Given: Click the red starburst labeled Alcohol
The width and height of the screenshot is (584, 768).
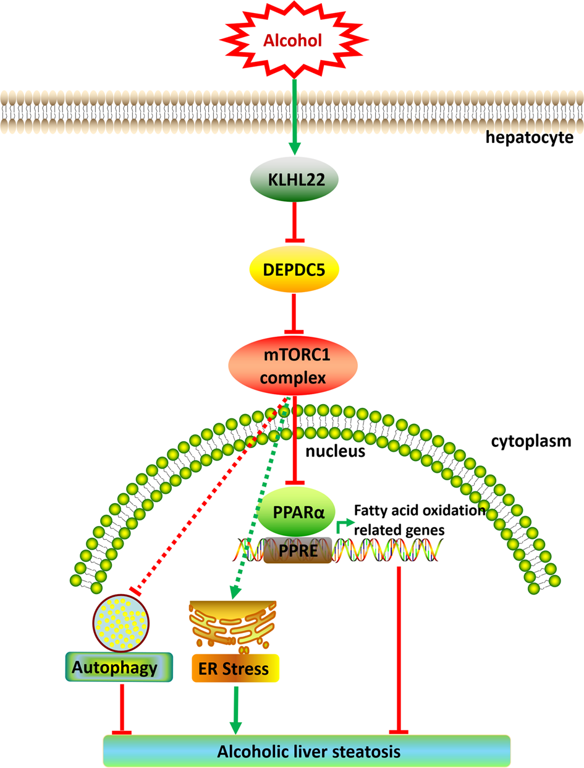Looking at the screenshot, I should pos(294,41).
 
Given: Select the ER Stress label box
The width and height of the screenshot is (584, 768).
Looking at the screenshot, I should pos(235,669).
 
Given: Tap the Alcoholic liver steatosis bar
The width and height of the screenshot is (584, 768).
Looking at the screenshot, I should pos(307,751).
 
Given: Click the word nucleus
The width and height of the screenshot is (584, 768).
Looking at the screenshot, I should pos(332,452).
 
